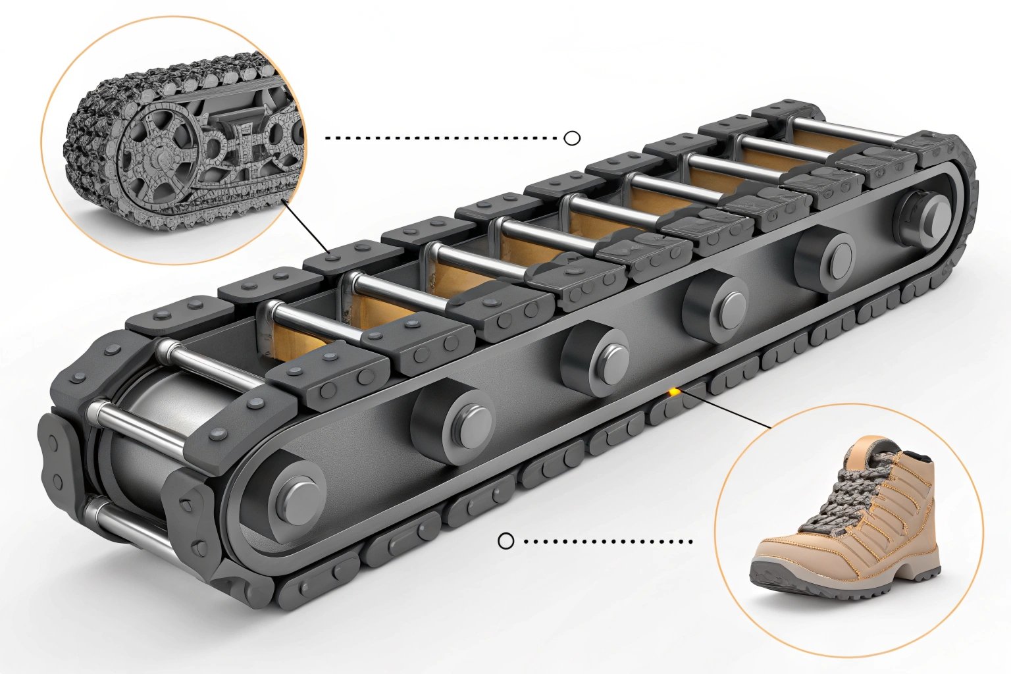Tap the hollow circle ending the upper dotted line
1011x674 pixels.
pos(573,138)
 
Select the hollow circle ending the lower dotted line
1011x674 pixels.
pos(505,541)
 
